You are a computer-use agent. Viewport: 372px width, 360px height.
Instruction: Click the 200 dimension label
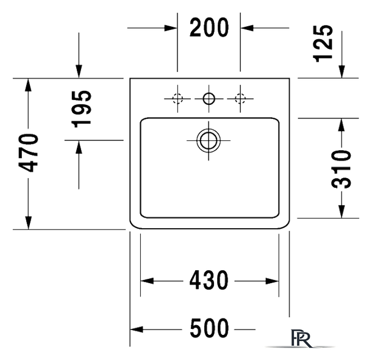[209, 27]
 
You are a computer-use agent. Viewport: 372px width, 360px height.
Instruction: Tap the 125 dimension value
[323, 43]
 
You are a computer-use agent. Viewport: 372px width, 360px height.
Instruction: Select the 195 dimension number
[82, 109]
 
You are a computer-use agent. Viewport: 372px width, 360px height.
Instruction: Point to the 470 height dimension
[29, 153]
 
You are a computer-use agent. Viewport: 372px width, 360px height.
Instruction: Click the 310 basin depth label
[341, 169]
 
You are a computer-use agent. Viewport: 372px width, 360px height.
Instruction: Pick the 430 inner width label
[209, 280]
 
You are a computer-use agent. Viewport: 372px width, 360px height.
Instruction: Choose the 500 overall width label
[209, 328]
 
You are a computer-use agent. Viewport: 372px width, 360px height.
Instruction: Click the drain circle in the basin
[209, 141]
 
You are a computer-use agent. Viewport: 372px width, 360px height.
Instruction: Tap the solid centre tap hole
[209, 98]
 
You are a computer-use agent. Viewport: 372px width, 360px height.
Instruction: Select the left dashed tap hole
[177, 98]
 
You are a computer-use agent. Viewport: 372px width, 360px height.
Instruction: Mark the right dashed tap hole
[240, 98]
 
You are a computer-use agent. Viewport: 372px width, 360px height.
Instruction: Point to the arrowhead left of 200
[171, 28]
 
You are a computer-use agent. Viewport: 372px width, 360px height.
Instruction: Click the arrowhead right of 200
[247, 28]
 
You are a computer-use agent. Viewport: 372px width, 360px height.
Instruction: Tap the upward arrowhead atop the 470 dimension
[29, 85]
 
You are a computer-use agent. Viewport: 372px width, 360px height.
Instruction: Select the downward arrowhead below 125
[342, 71]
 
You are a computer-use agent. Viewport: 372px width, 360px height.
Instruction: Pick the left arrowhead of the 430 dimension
[147, 281]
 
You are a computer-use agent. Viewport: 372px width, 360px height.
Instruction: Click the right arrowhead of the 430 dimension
[272, 281]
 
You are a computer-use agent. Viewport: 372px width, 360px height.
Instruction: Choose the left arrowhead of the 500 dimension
[137, 329]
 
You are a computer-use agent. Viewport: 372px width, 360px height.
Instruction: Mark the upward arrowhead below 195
[79, 147]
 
